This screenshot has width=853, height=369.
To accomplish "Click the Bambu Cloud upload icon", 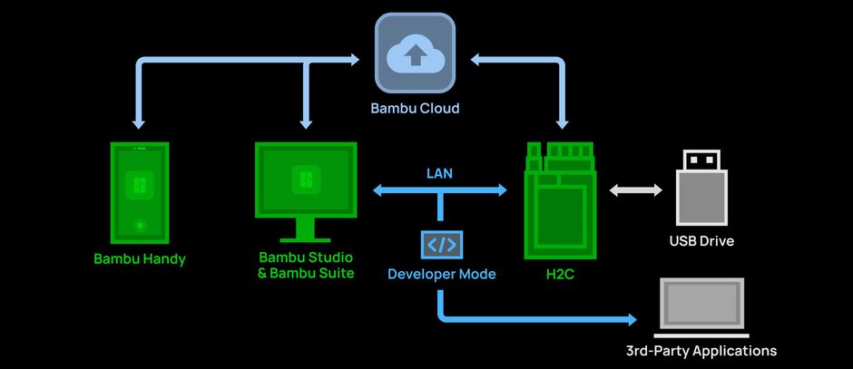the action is [x=415, y=53].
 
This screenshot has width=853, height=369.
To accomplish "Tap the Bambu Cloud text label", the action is [x=415, y=108].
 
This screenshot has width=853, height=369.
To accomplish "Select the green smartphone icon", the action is [x=140, y=193].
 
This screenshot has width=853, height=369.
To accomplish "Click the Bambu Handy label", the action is [x=140, y=259].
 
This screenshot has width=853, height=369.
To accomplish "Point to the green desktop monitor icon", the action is [x=306, y=192].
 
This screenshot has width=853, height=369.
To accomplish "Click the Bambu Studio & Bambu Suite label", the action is [x=306, y=265].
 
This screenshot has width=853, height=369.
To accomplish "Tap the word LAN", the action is [x=439, y=174].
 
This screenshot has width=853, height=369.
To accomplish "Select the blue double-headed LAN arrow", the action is [x=439, y=190].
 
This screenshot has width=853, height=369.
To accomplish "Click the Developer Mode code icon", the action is [x=442, y=245].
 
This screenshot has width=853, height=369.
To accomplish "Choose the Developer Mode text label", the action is [x=442, y=274].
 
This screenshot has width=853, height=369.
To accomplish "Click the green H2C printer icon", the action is [x=560, y=200].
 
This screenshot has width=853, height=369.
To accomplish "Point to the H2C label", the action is [x=560, y=275].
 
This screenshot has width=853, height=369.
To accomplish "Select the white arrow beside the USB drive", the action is [x=636, y=190].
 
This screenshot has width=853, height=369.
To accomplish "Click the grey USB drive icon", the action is [x=701, y=188].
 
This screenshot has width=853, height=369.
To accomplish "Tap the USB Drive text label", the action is [x=701, y=241].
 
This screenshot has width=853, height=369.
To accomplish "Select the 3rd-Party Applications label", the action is [x=701, y=351].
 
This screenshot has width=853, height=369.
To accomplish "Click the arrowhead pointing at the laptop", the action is [x=631, y=319].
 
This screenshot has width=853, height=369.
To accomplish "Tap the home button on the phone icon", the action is [x=140, y=225].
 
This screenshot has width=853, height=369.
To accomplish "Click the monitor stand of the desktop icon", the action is [x=305, y=230].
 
